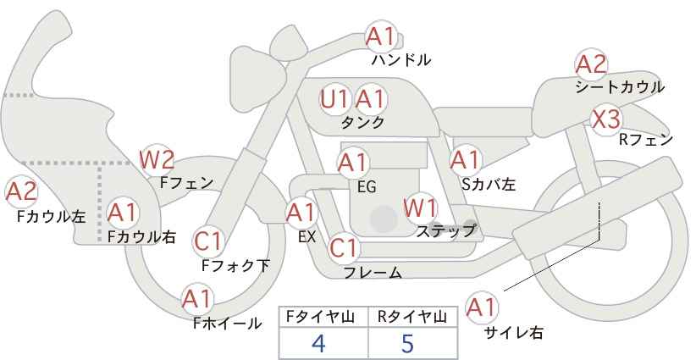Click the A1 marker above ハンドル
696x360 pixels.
381,36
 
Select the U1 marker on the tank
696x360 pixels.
335,99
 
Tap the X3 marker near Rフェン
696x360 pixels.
607,119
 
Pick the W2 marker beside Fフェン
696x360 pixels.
157,160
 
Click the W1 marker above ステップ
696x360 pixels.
420,208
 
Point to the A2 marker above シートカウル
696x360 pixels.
591,64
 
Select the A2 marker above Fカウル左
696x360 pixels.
21,192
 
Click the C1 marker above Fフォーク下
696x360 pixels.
208,241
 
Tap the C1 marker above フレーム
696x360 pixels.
344,248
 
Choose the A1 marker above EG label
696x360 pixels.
353,163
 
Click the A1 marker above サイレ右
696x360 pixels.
482,307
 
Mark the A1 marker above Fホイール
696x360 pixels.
197,299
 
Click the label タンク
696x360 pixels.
362,122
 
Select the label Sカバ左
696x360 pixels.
489,184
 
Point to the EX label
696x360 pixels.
307,237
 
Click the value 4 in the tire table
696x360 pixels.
319,343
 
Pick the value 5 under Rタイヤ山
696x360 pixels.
407,343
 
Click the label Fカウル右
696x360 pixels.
141,236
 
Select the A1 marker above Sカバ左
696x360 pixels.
466,160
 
